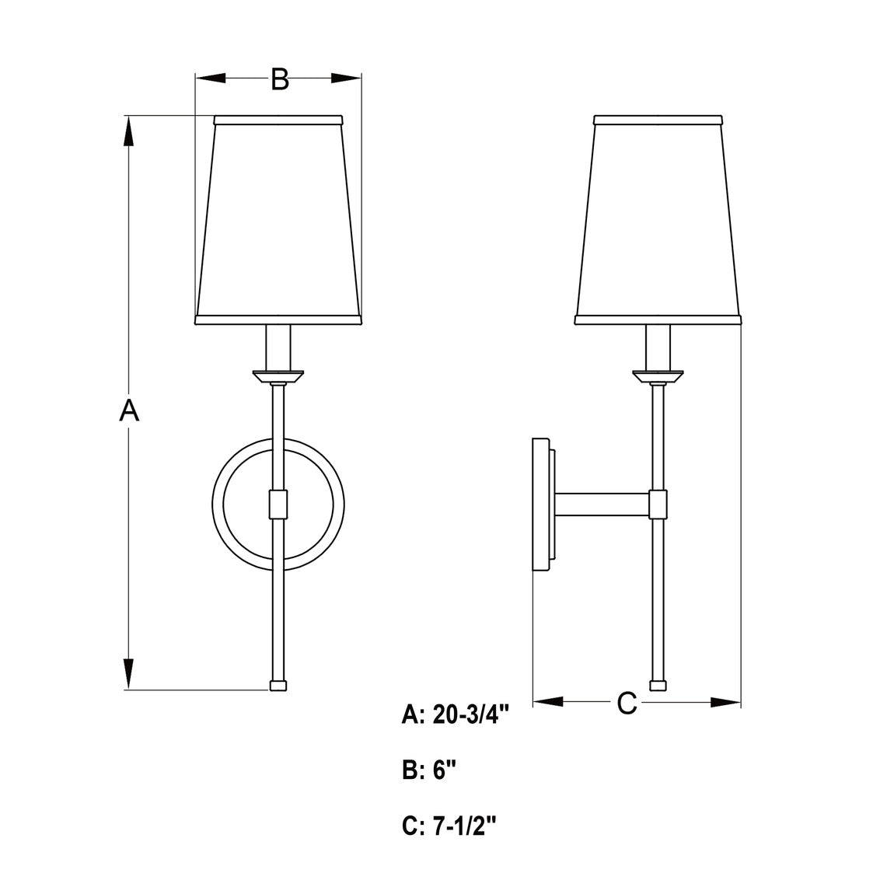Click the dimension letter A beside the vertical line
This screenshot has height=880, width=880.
(x=129, y=410)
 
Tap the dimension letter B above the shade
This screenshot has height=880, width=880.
(x=280, y=79)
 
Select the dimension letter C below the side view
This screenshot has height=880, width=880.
(x=627, y=703)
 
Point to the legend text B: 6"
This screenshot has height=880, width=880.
(x=429, y=770)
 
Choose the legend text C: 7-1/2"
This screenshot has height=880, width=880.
(x=449, y=826)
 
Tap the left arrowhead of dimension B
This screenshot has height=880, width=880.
(x=211, y=78)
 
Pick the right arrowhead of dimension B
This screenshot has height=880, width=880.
(x=346, y=78)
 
